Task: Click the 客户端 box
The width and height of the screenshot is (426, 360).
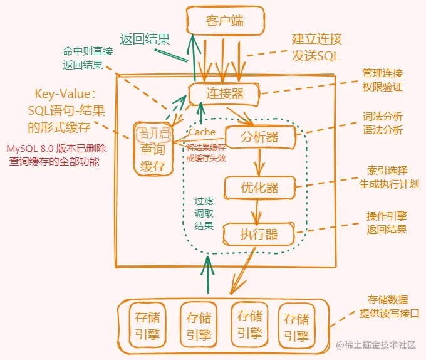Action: click(x=224, y=22)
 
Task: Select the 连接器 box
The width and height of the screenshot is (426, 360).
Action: click(x=225, y=95)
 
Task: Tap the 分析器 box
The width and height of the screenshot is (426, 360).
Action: click(x=259, y=136)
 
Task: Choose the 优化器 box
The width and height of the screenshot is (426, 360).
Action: click(x=259, y=187)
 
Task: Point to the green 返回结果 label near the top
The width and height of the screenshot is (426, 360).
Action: click(x=145, y=38)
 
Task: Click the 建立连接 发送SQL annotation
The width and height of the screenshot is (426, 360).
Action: click(x=317, y=48)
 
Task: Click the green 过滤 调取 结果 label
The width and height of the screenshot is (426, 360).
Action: click(x=204, y=214)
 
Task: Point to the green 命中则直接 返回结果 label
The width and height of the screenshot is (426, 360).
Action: click(x=88, y=58)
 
